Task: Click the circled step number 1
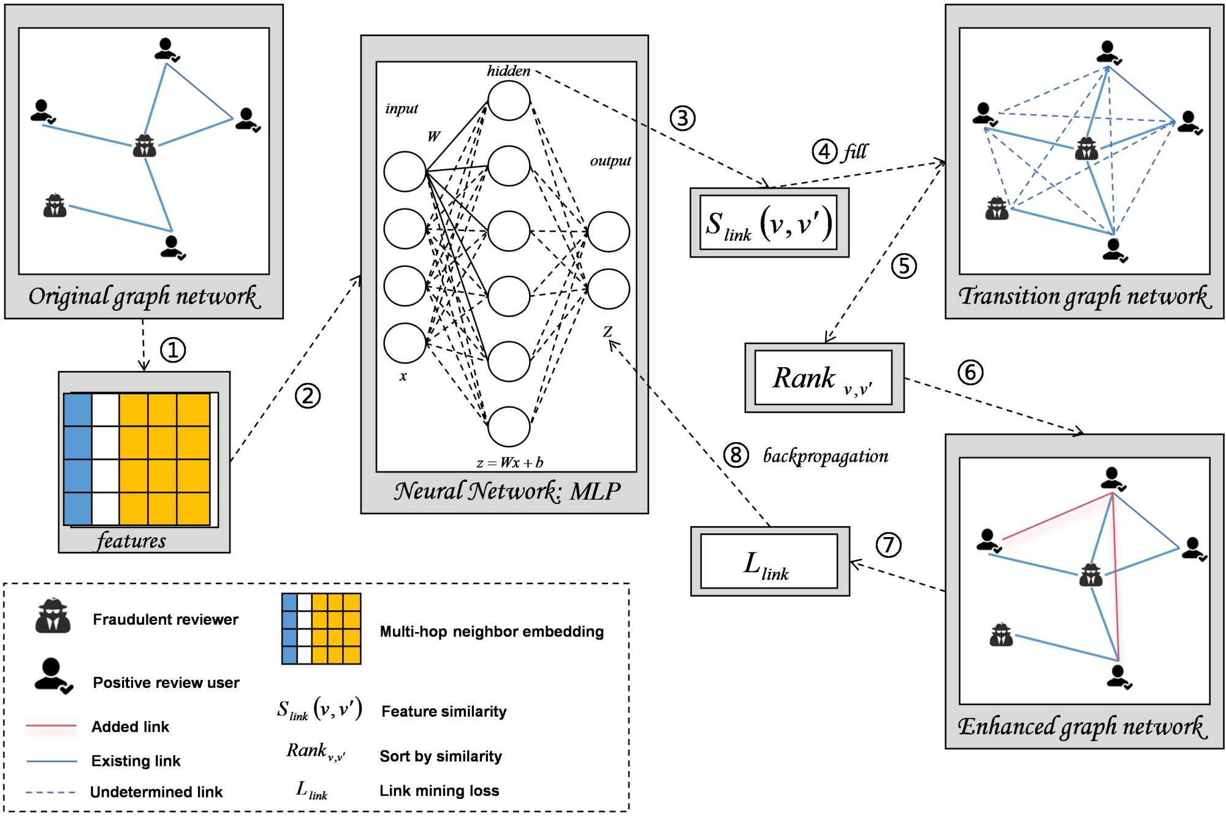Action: point(173,350)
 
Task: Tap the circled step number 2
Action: point(308,396)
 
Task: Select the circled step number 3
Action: point(682,118)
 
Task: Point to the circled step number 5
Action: point(904,266)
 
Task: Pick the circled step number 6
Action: point(970,372)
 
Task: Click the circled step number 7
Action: point(888,544)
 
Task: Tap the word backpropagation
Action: point(825,456)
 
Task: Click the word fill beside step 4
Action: point(856,151)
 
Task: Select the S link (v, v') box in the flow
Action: point(769,223)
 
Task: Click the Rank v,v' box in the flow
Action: point(823,378)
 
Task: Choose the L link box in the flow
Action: point(769,562)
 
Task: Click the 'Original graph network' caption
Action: point(144,297)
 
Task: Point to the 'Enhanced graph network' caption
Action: point(1083,727)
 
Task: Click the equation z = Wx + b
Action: point(510,462)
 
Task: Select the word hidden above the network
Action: point(509,71)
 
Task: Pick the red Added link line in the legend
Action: point(51,726)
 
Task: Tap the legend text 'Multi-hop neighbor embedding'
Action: point(492,631)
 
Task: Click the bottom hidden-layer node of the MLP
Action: point(509,426)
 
